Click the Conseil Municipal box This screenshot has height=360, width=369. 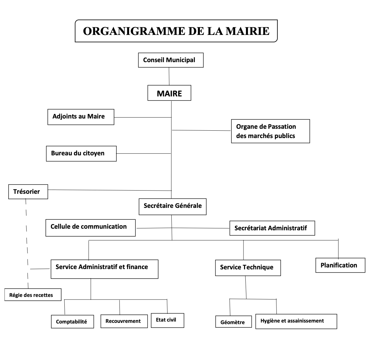pyautogui.click(x=171, y=60)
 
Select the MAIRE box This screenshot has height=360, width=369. pyautogui.click(x=169, y=93)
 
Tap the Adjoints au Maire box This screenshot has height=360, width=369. pyautogui.click(x=81, y=117)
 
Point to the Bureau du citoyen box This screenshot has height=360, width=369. pyautogui.click(x=81, y=154)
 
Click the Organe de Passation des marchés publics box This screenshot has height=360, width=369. pyautogui.click(x=270, y=131)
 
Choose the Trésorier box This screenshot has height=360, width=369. pyautogui.click(x=28, y=192)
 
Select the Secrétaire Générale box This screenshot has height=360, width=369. pyautogui.click(x=173, y=207)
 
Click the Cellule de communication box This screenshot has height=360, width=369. pyautogui.click(x=91, y=228)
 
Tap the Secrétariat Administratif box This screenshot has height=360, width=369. pyautogui.click(x=272, y=228)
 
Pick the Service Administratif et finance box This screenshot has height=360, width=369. pyautogui.click(x=104, y=269)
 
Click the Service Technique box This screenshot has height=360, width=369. pyautogui.click(x=248, y=268)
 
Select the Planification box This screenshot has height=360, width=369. pyautogui.click(x=340, y=265)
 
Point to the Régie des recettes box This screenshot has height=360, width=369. pyautogui.click(x=33, y=295)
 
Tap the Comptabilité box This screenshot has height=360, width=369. pyautogui.click(x=72, y=322)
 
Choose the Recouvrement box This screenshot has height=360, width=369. pyautogui.click(x=124, y=321)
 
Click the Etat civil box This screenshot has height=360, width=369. pyautogui.click(x=167, y=320)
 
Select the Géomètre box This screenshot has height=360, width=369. pyautogui.click(x=234, y=322)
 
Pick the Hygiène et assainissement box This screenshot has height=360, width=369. pyautogui.click(x=296, y=322)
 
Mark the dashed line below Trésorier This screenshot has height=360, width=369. pyautogui.click(x=27, y=243)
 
